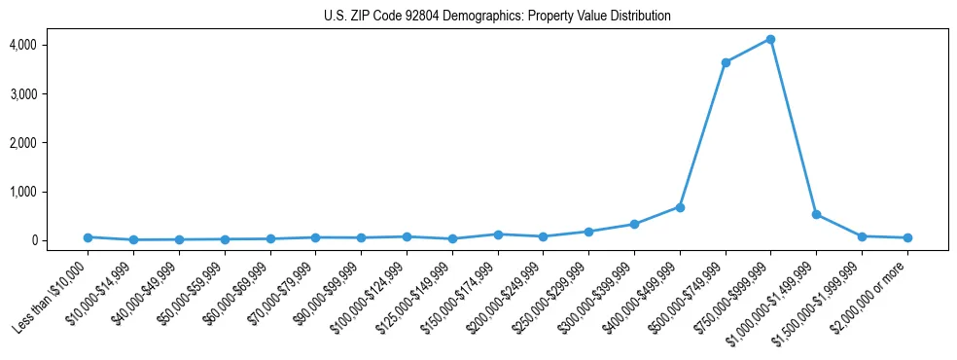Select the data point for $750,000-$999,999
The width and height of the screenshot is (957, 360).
tap(770, 39)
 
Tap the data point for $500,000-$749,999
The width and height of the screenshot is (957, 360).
tap(726, 62)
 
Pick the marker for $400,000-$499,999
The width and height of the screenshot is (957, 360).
tap(680, 207)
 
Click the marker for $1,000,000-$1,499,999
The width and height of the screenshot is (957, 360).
tap(816, 214)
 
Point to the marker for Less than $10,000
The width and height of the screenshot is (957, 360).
tap(88, 237)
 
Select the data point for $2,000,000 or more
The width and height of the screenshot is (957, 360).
tap(907, 237)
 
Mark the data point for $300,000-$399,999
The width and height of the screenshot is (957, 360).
tap(634, 224)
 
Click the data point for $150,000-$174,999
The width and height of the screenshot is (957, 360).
tap(498, 234)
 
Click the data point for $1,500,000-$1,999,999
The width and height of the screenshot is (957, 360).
tap(862, 236)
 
